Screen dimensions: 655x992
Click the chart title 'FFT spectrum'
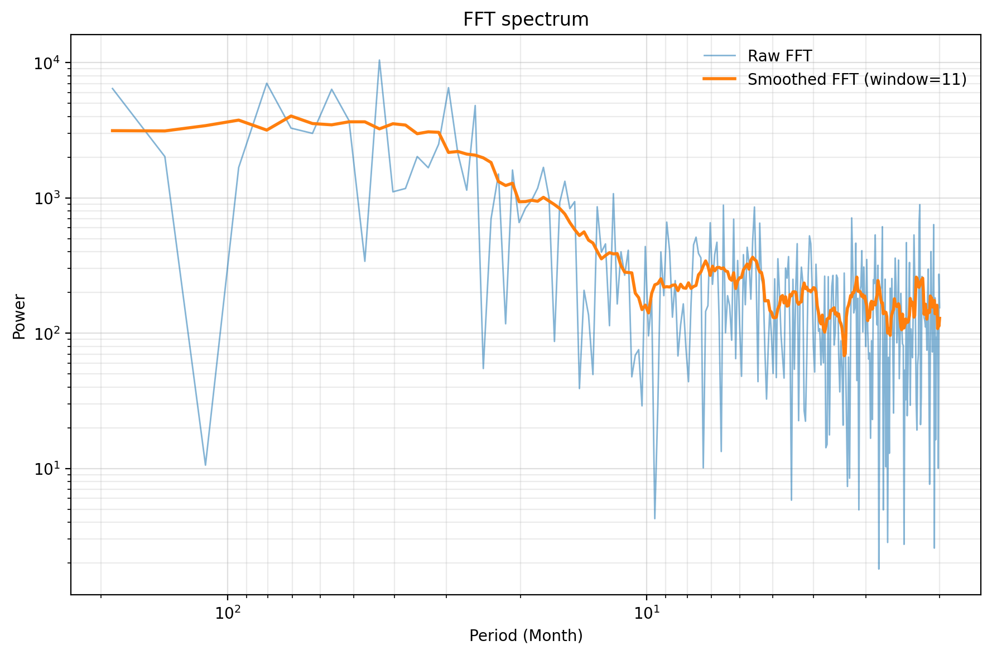coord(526,20)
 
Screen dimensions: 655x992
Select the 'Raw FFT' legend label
coord(779,56)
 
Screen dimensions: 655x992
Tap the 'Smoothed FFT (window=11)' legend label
coord(856,80)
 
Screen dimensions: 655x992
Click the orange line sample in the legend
coord(719,79)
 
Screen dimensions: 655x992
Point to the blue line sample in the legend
coord(719,56)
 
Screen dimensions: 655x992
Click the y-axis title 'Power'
coord(20,316)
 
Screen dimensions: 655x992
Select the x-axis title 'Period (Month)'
coord(526,635)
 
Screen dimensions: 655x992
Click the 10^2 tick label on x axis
coord(227,613)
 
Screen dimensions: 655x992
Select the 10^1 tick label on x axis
coord(646,613)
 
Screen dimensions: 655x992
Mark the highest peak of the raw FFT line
coord(379,60)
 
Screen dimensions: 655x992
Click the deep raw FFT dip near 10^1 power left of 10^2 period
coord(205,465)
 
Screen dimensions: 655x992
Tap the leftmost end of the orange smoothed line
coord(112,131)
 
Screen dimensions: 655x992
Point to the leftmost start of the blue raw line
coord(112,88)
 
